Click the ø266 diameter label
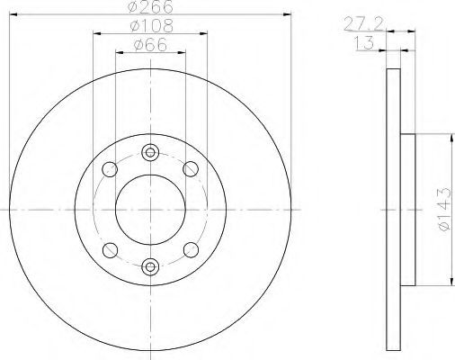tap(150, 6)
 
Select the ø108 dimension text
tap(152, 26)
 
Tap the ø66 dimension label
tap(150, 45)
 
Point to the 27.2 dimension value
tap(363, 24)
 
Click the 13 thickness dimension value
tap(364, 43)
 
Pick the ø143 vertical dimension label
tap(444, 209)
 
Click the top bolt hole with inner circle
tap(150, 152)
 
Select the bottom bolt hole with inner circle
tap(150, 266)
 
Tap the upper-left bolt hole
tap(110, 169)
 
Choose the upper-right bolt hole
tap(191, 169)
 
